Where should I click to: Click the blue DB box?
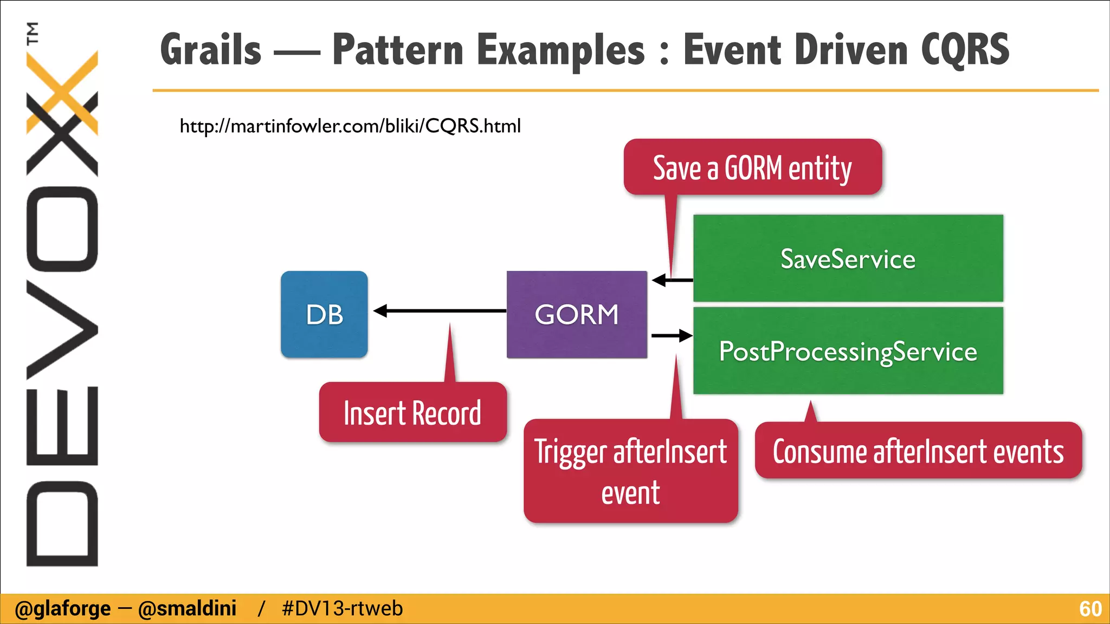324,314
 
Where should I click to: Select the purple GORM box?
577,314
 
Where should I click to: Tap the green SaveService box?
848,258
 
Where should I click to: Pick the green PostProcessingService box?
848,351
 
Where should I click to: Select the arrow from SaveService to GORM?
672,280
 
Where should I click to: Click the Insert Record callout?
412,413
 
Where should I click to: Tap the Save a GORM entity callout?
752,167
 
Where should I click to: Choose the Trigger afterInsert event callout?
630,471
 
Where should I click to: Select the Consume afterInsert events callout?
918,451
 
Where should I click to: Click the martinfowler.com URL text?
350,126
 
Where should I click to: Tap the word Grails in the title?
211,50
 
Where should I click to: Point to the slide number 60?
1090,609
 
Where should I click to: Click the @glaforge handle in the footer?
63,609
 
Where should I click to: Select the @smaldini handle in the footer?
187,609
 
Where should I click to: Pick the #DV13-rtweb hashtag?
342,609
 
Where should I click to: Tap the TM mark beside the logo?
33,32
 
